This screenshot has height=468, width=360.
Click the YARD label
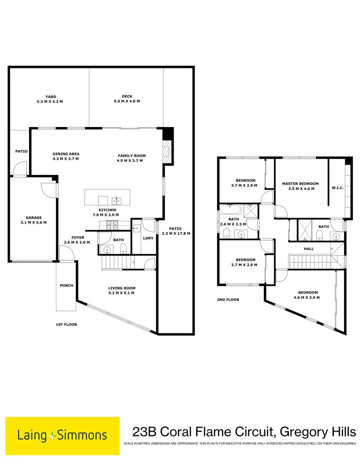tap(51, 97)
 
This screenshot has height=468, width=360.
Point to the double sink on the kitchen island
tap(116, 200)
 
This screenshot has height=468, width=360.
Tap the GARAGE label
tap(33, 218)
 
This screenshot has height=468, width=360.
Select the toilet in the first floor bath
tap(123, 248)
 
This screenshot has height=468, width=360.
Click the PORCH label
tap(66, 285)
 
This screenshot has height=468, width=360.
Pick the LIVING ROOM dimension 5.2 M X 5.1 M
tap(122, 293)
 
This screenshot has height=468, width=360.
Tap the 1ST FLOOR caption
tap(66, 324)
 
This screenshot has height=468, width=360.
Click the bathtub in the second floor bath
tap(230, 210)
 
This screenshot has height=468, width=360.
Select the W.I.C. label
tap(337, 188)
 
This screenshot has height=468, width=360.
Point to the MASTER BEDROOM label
tap(300, 183)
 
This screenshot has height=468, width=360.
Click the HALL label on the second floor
tap(308, 249)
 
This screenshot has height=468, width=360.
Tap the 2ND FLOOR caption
tap(228, 299)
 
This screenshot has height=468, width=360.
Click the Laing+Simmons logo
tap(62, 435)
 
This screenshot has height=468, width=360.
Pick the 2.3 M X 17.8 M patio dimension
tap(176, 233)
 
